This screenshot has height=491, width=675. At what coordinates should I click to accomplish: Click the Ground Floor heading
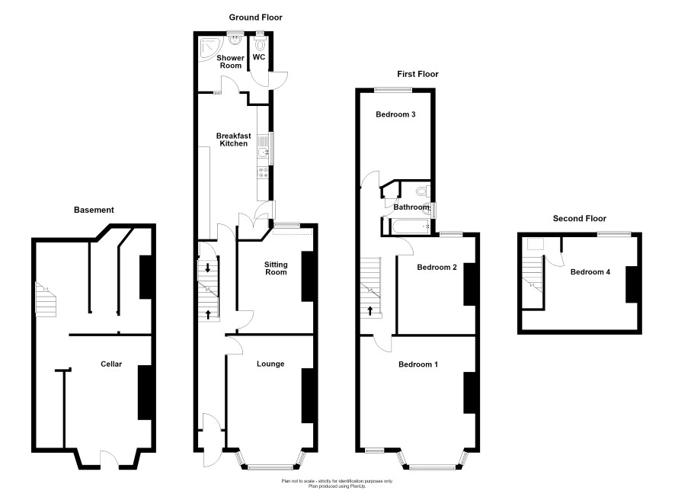(x=255, y=18)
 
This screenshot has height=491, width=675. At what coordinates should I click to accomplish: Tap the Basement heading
(x=94, y=210)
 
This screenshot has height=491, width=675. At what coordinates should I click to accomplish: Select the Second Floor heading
(x=580, y=218)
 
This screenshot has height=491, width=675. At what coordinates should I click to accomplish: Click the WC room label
(x=259, y=57)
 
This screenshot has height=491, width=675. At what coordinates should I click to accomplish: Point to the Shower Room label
(x=230, y=62)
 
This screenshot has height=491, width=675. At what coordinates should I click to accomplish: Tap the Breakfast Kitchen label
(x=233, y=140)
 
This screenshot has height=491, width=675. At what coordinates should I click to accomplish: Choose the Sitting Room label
(x=276, y=268)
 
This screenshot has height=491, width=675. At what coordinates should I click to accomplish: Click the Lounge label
(x=270, y=364)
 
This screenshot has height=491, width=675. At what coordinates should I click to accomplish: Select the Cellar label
(x=111, y=364)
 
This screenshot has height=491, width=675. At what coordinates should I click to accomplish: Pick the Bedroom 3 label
(x=395, y=114)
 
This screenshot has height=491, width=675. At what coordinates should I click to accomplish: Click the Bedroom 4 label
(x=590, y=271)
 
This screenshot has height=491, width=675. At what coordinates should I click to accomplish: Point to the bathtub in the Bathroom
(x=408, y=226)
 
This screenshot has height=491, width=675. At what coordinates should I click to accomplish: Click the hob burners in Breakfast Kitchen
(x=263, y=172)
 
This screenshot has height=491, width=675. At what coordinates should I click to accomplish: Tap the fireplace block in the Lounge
(x=307, y=396)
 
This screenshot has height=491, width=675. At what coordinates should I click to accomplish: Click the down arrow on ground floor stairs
(x=208, y=268)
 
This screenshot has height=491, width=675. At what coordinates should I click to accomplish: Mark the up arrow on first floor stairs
(x=370, y=310)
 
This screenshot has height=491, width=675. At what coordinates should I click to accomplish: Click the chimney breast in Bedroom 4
(x=631, y=284)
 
